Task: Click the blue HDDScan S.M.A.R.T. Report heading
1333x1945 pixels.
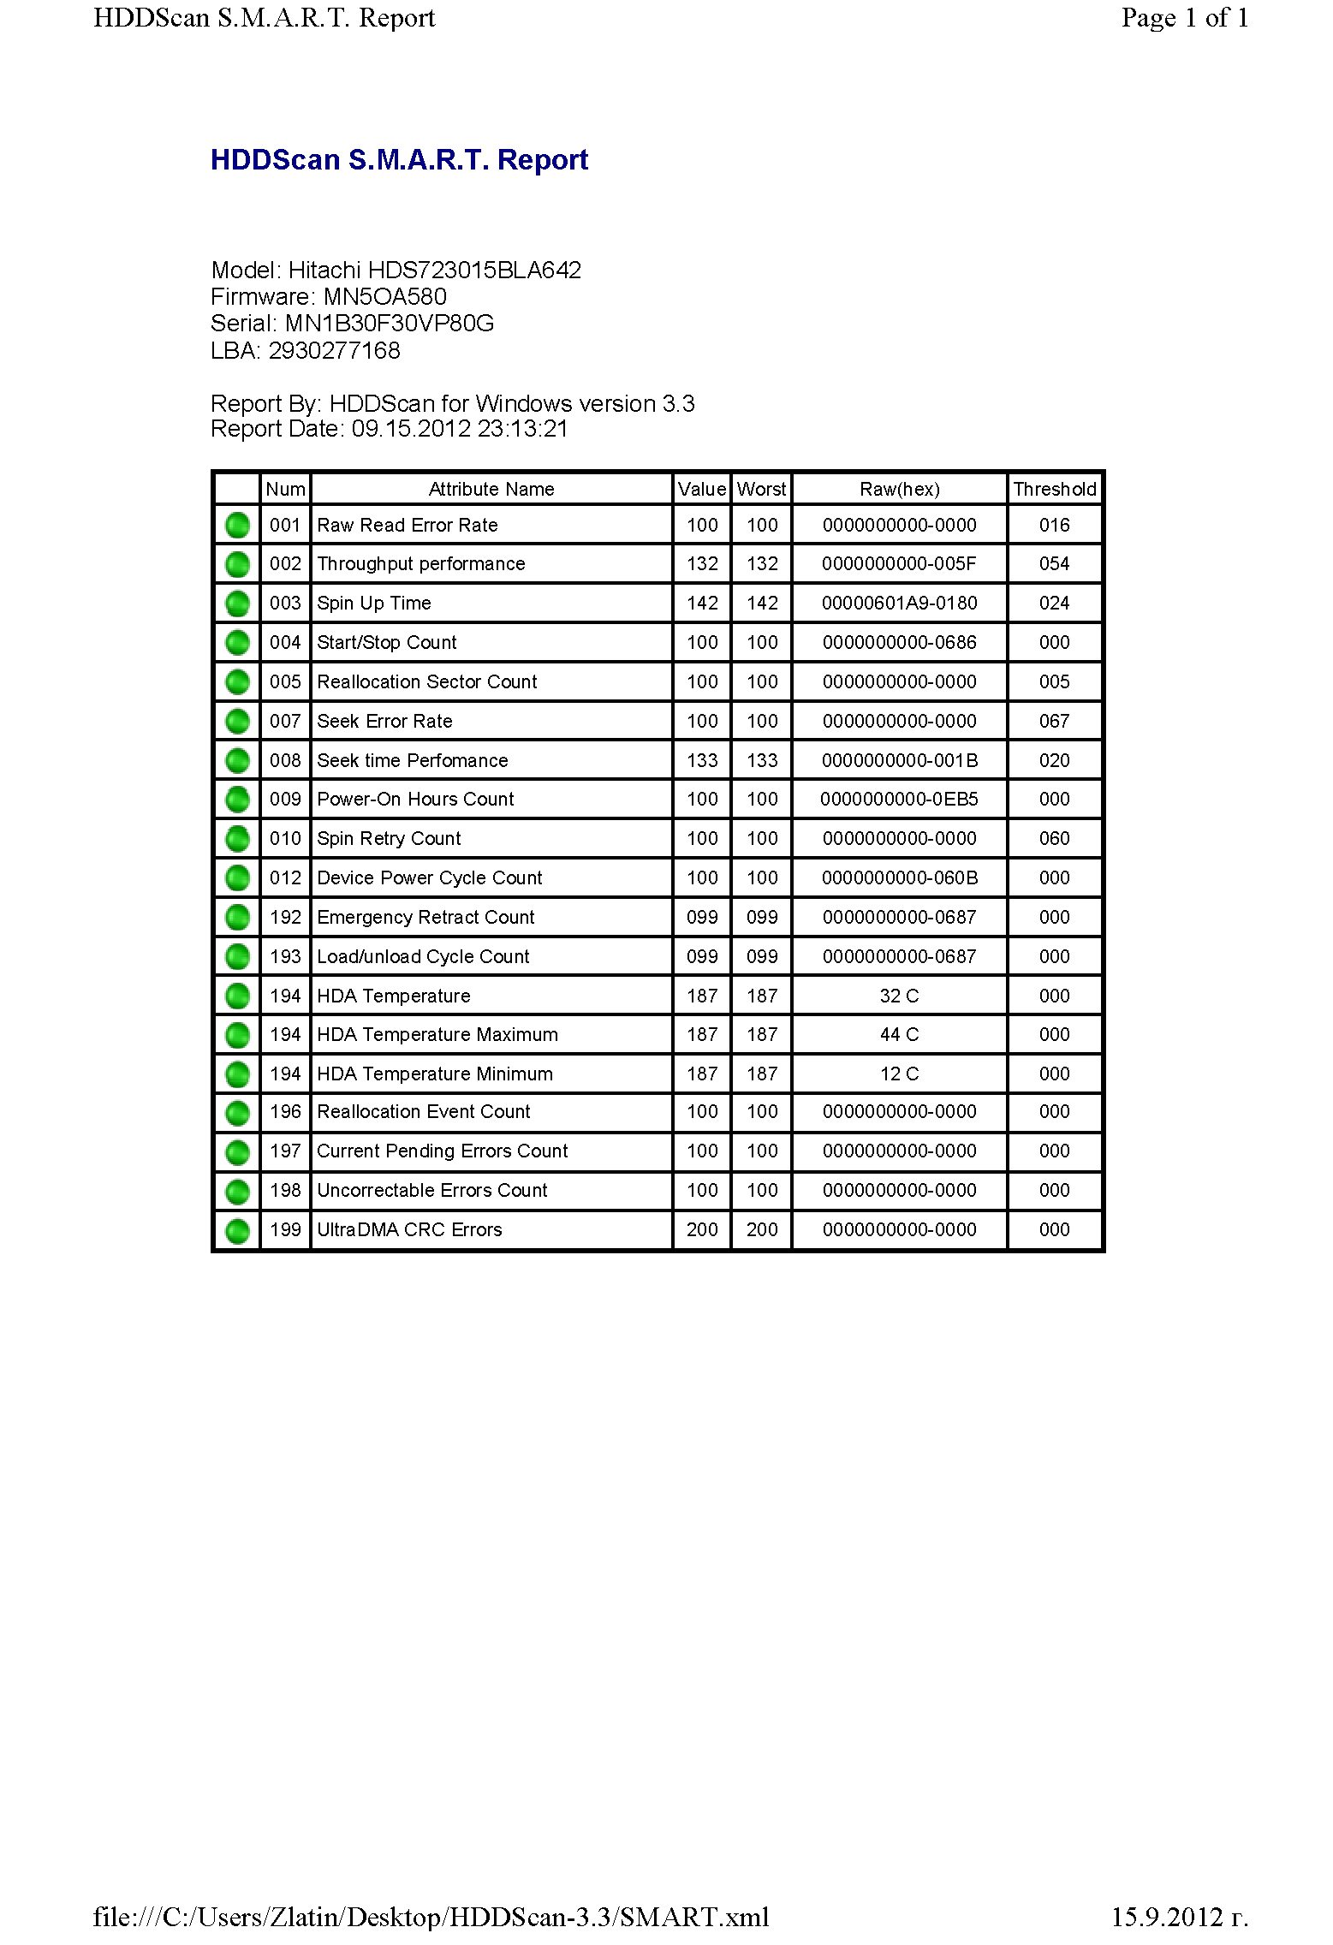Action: [x=399, y=160]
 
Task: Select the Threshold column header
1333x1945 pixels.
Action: [x=1054, y=489]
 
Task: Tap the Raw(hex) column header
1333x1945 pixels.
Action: [x=899, y=489]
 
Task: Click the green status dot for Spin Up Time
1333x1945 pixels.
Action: [x=237, y=604]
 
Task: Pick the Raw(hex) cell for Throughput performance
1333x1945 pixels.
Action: [x=899, y=564]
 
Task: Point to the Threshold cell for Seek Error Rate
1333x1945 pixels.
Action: [x=1054, y=721]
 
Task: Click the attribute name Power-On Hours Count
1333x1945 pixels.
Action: [x=415, y=799]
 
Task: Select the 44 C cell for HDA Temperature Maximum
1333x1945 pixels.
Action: [x=899, y=1034]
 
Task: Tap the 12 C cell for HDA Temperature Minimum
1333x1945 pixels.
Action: [x=899, y=1074]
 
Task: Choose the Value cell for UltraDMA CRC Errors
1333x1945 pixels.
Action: [x=702, y=1229]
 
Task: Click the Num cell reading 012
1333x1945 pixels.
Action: [x=285, y=877]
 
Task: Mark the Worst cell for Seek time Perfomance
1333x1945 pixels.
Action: [x=761, y=760]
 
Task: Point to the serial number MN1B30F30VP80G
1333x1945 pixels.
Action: [x=390, y=324]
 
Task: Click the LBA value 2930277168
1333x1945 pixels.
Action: [x=334, y=351]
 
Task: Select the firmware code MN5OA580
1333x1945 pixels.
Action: [x=384, y=297]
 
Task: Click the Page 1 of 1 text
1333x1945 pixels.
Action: [x=1185, y=18]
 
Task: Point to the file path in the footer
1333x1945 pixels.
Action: [x=431, y=1917]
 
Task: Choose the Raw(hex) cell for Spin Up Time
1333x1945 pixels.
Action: [x=899, y=604]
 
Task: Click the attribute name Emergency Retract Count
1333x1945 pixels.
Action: [x=425, y=917]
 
